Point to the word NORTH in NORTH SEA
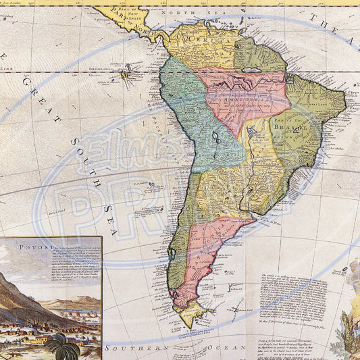pyautogui.click(x=192, y=13)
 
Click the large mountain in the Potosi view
pyautogui.click(x=20, y=297)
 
